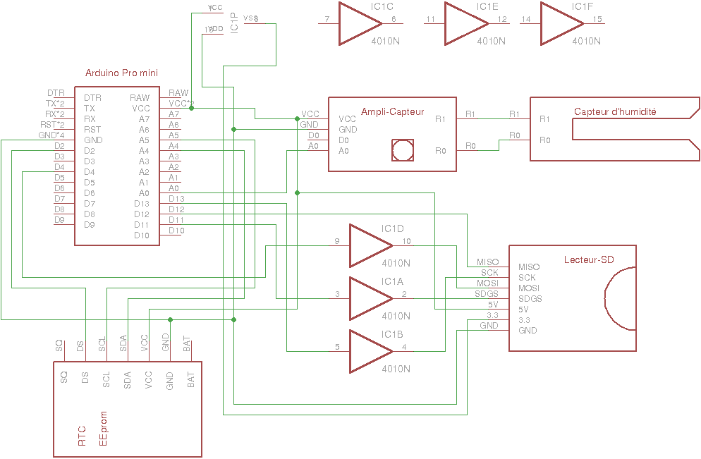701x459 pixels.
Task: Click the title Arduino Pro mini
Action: (x=121, y=73)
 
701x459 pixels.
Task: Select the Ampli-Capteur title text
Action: (x=392, y=112)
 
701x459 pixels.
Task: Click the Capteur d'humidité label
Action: (x=615, y=112)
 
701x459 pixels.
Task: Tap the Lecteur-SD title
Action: (x=589, y=260)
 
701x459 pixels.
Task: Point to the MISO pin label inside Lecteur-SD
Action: (x=529, y=267)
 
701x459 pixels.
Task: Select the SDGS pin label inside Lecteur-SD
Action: (x=531, y=299)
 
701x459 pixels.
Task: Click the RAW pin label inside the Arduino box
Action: (x=140, y=98)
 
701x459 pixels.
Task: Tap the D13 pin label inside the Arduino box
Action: (x=142, y=204)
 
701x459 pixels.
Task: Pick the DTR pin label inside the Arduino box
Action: (x=92, y=98)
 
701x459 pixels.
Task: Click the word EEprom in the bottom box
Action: (x=104, y=428)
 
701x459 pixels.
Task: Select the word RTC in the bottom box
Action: (x=82, y=435)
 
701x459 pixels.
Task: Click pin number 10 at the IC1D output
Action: (x=407, y=242)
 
